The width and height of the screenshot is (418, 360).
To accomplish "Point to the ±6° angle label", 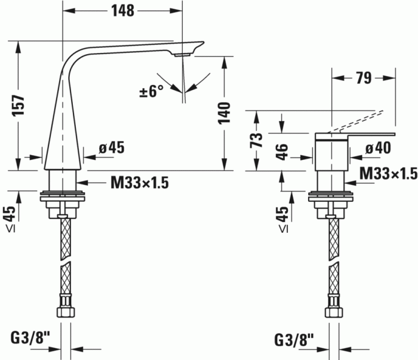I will coord(151,91).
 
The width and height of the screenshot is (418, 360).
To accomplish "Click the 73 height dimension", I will coord(256,140).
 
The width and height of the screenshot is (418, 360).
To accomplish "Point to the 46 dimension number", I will coord(282,150).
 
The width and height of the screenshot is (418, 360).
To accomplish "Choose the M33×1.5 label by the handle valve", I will coord(388,173).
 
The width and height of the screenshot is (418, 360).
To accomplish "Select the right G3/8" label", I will coord(294,339).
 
